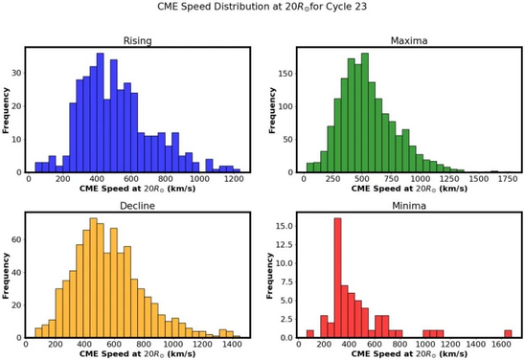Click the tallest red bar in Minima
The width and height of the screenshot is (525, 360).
(337, 278)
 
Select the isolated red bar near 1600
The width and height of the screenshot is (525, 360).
(510, 333)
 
